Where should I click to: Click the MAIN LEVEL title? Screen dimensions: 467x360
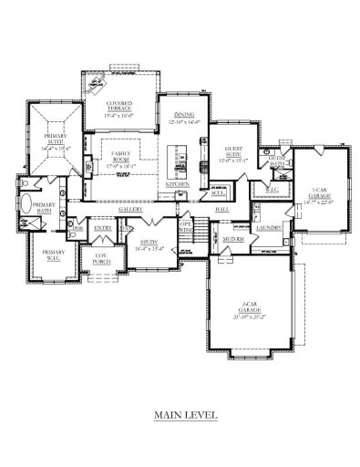click(185, 413)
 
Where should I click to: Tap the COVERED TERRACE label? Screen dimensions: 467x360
click(119, 106)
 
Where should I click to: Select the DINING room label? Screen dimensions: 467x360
click(179, 115)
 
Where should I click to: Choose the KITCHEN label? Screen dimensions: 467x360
click(177, 186)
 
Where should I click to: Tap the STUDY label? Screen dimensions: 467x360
click(147, 243)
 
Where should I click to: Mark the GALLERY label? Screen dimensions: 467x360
click(131, 209)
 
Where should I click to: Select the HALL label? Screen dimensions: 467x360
click(221, 210)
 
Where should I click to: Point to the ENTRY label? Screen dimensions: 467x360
click(102, 228)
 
